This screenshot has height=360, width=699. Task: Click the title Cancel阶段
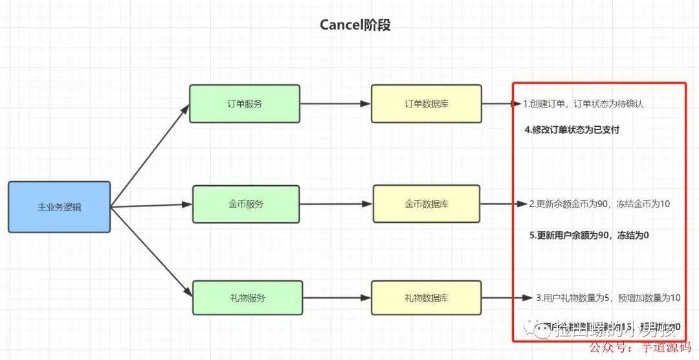pos(355,25)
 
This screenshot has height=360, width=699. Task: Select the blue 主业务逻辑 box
pos(59,207)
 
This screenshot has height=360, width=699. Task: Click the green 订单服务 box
pos(245,104)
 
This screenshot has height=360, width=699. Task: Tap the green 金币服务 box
pos(245,204)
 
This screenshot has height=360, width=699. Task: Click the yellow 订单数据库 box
pos(426,104)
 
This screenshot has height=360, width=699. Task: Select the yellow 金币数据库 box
pos(426,204)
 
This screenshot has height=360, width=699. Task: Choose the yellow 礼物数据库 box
pos(426,298)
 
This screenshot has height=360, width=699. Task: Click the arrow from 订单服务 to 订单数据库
pos(335,104)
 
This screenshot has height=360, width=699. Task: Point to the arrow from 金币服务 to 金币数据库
pos(336,204)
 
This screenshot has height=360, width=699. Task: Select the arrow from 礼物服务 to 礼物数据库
pos(337,298)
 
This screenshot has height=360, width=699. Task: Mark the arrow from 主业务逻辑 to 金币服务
pos(152,206)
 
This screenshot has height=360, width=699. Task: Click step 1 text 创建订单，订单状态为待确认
pos(583,104)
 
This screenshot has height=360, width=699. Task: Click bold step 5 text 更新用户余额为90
pos(589,236)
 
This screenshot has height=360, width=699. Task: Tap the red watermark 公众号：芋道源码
pos(643,348)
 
